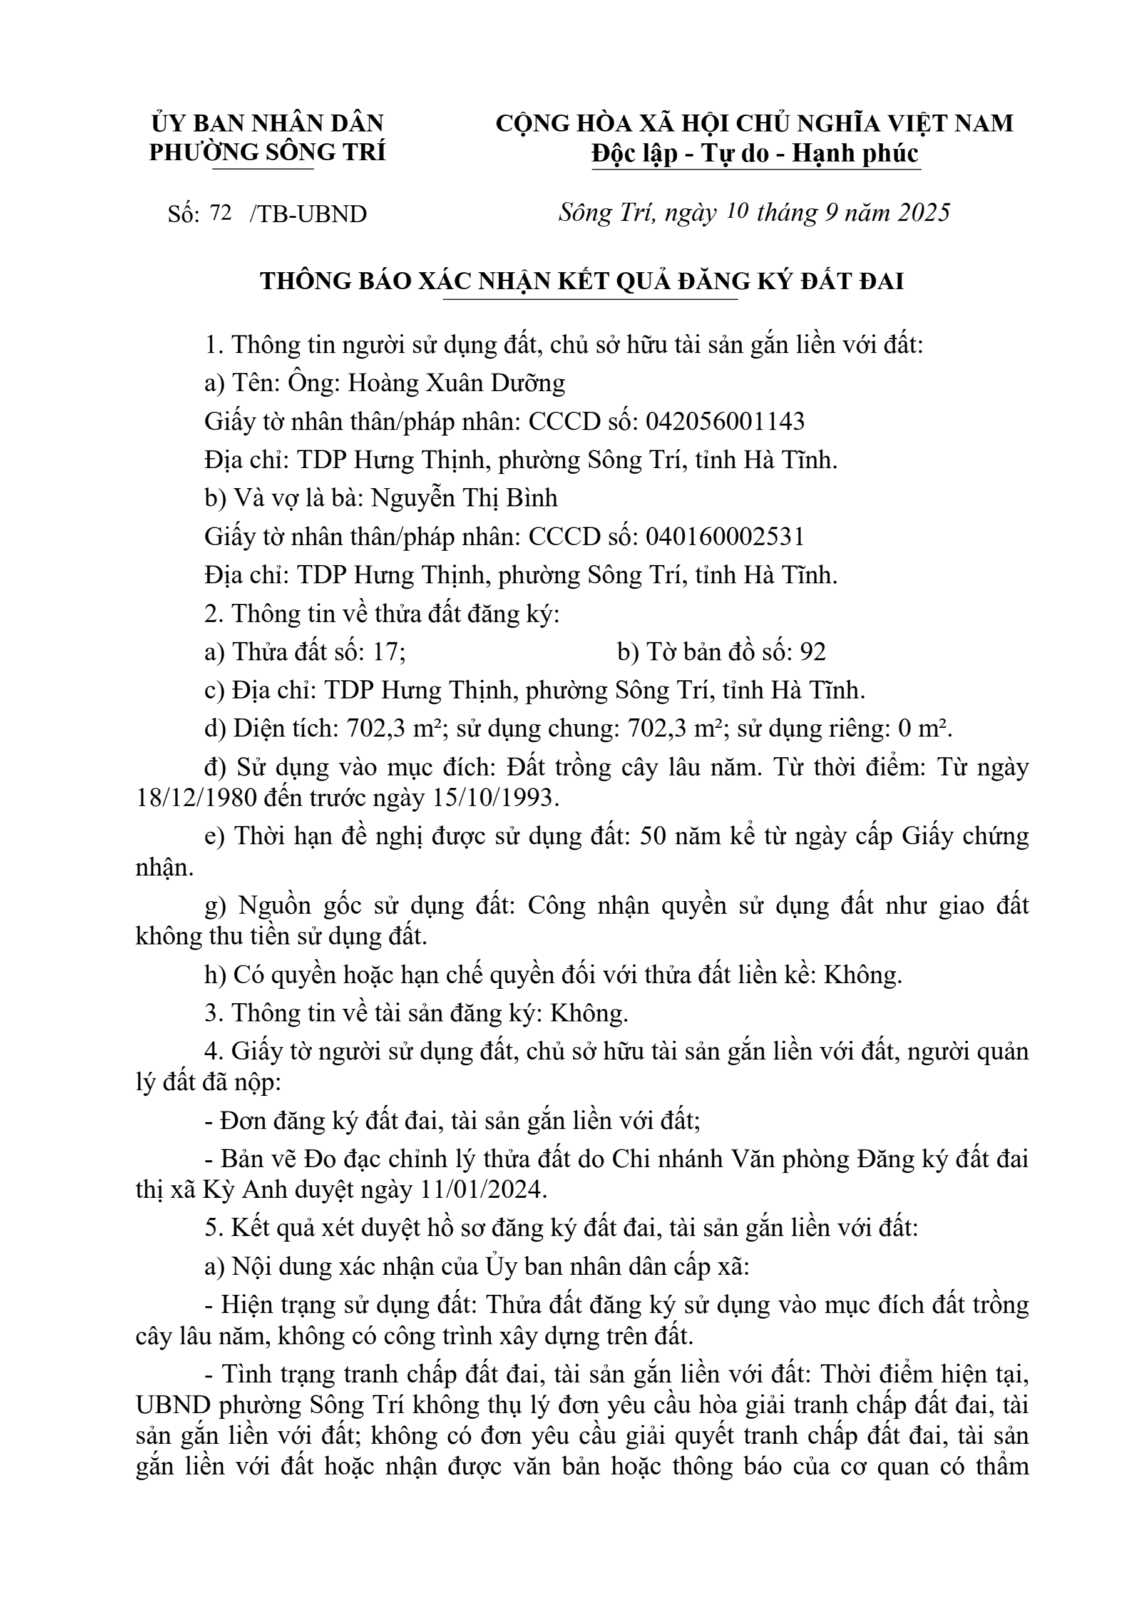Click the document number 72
coord(220,213)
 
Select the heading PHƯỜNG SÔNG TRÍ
coord(267,152)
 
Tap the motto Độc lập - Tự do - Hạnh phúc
coord(755,153)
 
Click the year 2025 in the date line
coord(923,212)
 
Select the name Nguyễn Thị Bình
coord(464,498)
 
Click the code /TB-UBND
coord(309,215)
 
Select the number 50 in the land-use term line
coord(655,837)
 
